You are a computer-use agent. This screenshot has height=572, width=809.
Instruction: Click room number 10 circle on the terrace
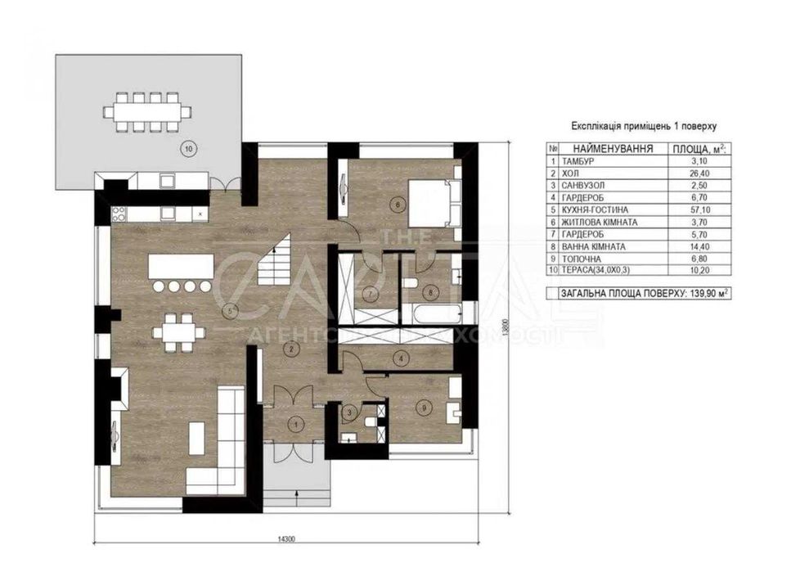tap(189, 149)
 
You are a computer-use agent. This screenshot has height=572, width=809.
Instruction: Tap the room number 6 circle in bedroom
tap(398, 205)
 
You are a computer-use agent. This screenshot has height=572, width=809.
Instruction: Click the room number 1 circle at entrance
tap(295, 423)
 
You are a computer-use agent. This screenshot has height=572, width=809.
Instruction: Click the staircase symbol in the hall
tap(276, 260)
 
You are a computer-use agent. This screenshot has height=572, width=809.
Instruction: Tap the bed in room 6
tap(430, 203)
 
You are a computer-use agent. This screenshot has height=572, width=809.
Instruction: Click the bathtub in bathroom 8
tap(430, 313)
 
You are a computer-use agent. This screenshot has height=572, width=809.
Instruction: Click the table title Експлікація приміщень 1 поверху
tap(643, 127)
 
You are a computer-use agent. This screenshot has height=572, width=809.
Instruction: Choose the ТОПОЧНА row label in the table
tap(581, 257)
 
